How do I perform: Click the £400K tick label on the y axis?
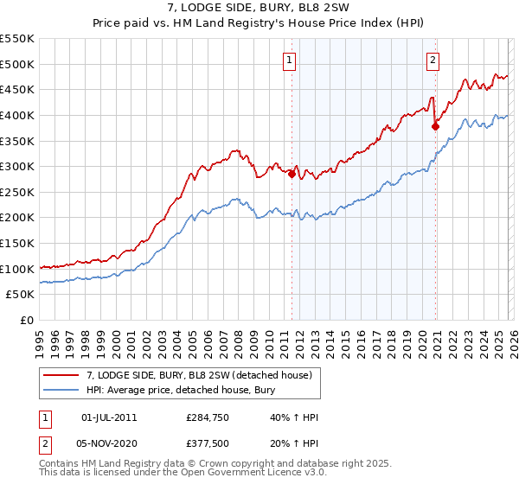17,115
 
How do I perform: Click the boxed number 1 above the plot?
288,60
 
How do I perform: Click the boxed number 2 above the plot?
432,60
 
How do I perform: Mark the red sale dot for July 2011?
292,174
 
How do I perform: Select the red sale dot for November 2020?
435,126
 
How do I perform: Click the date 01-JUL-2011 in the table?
108,417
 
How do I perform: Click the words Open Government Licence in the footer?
238,474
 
